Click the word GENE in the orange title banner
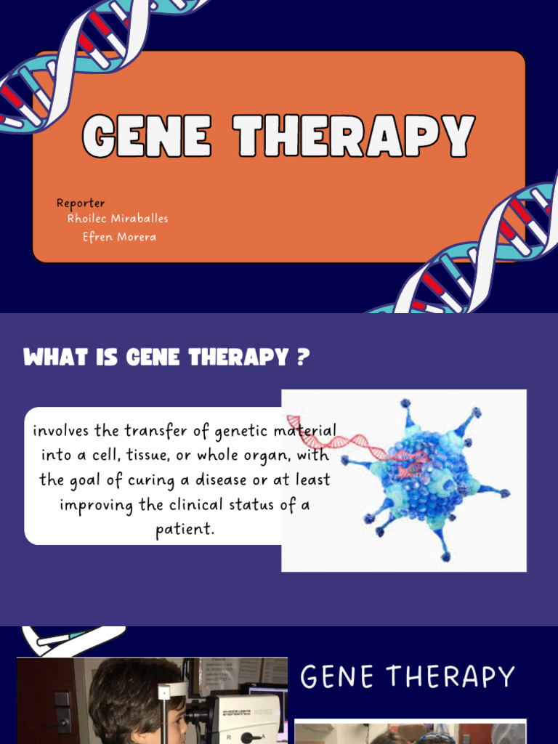146,136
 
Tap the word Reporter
81,203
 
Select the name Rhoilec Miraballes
118,218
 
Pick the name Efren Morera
119,237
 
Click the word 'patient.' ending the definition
185,529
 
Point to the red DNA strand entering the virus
341,440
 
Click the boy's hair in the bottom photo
131,687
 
